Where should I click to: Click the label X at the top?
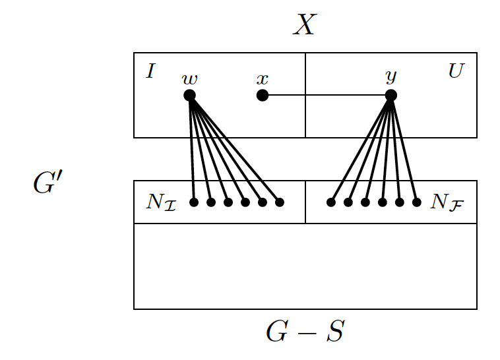point(305,25)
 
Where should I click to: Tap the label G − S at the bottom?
point(305,332)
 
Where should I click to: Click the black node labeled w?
point(190,96)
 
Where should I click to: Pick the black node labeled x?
point(263,96)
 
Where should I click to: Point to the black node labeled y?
point(391,96)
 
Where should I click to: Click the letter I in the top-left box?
point(150,71)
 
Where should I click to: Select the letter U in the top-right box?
point(455,71)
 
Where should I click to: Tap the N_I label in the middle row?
point(161,202)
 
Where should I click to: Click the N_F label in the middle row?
point(445,202)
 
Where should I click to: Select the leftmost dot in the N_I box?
point(194,202)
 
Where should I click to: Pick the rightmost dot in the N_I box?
point(279,202)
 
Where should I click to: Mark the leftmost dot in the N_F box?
point(331,202)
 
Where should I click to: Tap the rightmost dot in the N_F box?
point(416,202)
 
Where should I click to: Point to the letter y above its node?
point(391,78)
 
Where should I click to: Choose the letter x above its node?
point(263,80)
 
